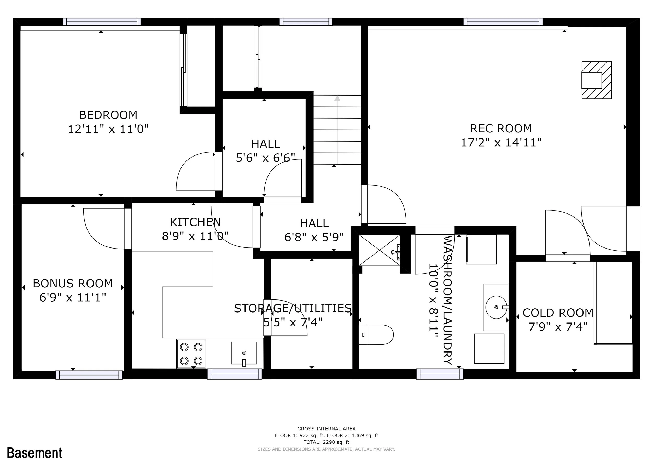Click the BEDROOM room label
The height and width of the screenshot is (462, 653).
tap(108, 115)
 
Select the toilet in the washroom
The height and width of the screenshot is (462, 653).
tap(376, 334)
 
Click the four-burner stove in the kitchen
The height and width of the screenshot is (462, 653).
tap(191, 354)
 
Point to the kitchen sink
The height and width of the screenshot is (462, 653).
tap(244, 353)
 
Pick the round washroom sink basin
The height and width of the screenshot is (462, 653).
tap(496, 307)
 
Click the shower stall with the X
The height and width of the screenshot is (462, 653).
tap(380, 250)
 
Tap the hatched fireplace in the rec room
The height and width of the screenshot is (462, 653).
tap(596, 80)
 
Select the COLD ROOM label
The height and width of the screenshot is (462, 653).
tap(558, 313)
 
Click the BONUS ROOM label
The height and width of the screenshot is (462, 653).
tap(73, 284)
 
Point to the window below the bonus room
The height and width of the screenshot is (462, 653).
tap(89, 375)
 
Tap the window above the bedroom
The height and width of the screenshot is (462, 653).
tap(102, 22)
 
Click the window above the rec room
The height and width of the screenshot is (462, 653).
tap(503, 22)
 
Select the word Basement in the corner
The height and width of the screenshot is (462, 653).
tap(34, 453)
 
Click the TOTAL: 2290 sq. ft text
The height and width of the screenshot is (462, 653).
tap(326, 442)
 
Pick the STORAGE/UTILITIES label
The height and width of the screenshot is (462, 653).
tap(293, 308)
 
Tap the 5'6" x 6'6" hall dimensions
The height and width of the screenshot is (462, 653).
tap(265, 158)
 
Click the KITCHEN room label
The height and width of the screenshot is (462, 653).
tap(195, 222)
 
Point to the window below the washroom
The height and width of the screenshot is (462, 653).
tap(440, 374)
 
